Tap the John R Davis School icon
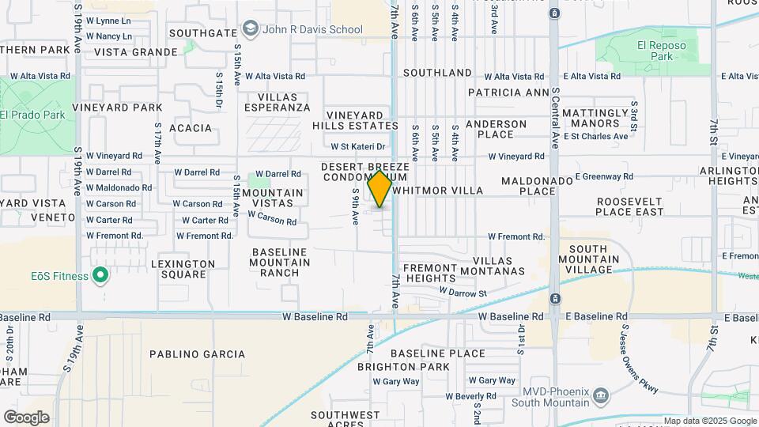(x=251, y=30)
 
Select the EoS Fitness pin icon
(x=100, y=275)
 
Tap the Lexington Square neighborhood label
(x=183, y=269)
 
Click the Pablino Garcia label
(x=198, y=354)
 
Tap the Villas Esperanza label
(x=277, y=102)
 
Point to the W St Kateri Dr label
(x=357, y=146)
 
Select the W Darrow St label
(x=463, y=293)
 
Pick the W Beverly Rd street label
(x=470, y=396)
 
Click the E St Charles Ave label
(x=594, y=136)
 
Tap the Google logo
(x=26, y=418)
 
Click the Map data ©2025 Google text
(x=709, y=421)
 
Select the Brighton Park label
(x=403, y=367)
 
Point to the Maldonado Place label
(x=537, y=186)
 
